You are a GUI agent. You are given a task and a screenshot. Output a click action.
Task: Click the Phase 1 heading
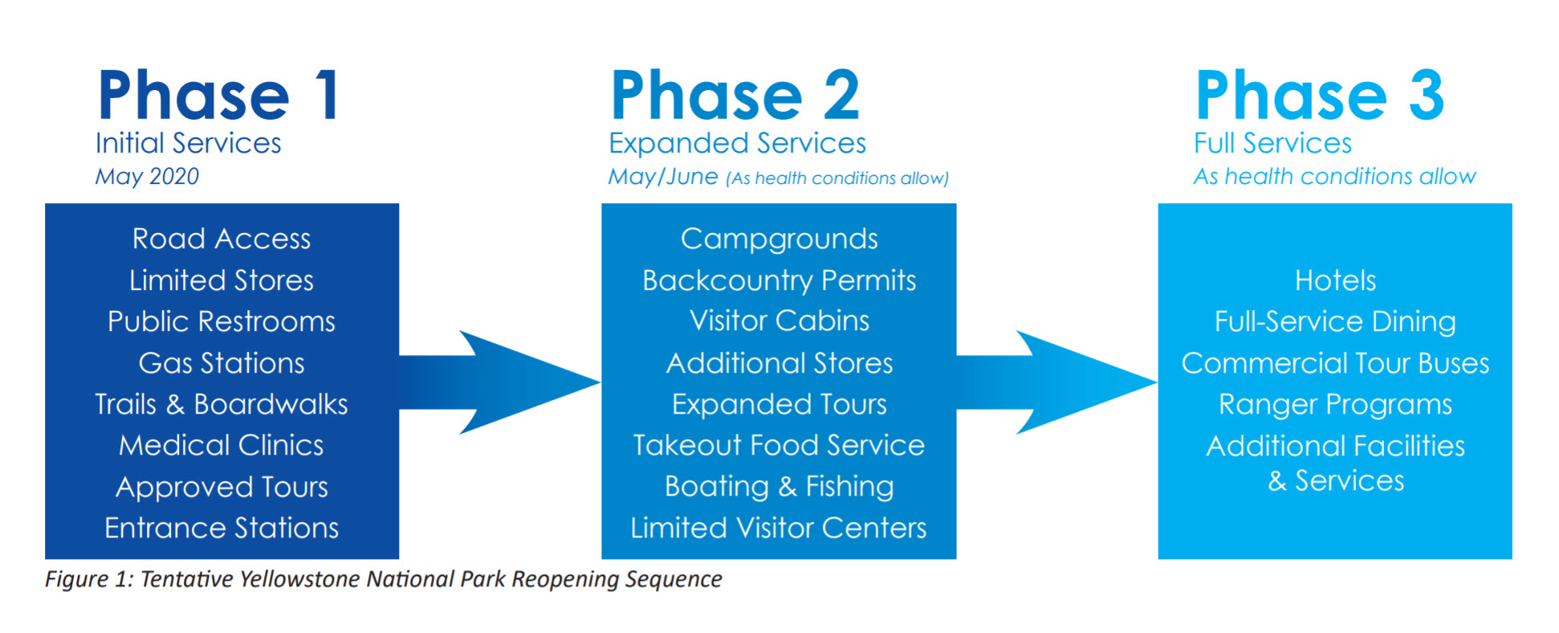pyautogui.click(x=218, y=96)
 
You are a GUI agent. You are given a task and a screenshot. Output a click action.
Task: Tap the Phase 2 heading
pyautogui.click(x=735, y=96)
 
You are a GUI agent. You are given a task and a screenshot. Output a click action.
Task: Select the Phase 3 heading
pyautogui.click(x=1320, y=96)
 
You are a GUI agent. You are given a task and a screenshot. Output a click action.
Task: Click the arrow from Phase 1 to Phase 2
pyautogui.click(x=500, y=382)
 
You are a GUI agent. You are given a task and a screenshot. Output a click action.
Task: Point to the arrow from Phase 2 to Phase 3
pyautogui.click(x=1057, y=382)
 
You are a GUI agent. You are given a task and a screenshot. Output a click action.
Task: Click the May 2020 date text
pyautogui.click(x=147, y=177)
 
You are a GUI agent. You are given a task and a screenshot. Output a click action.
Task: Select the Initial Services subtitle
pyautogui.click(x=188, y=143)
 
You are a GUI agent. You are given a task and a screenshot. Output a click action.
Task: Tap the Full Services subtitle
pyautogui.click(x=1272, y=143)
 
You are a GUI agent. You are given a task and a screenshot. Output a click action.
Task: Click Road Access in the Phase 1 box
pyautogui.click(x=222, y=239)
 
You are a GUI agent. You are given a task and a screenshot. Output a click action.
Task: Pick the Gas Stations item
pyautogui.click(x=222, y=363)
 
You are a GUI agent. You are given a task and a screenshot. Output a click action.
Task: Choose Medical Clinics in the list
pyautogui.click(x=222, y=445)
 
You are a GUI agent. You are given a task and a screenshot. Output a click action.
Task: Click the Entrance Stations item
pyautogui.click(x=222, y=528)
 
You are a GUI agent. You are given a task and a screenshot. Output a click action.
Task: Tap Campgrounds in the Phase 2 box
pyautogui.click(x=779, y=239)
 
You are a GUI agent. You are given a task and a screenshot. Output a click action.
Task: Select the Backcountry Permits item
pyautogui.click(x=779, y=280)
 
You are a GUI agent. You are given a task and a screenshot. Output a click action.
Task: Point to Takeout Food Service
pyautogui.click(x=779, y=445)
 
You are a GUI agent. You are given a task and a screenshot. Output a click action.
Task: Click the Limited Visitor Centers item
pyautogui.click(x=779, y=528)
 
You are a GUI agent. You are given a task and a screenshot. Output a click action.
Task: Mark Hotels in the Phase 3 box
pyautogui.click(x=1335, y=280)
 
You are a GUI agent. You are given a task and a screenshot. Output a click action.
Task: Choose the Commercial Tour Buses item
pyautogui.click(x=1335, y=363)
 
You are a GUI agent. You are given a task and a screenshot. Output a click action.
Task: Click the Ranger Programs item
pyautogui.click(x=1335, y=405)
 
